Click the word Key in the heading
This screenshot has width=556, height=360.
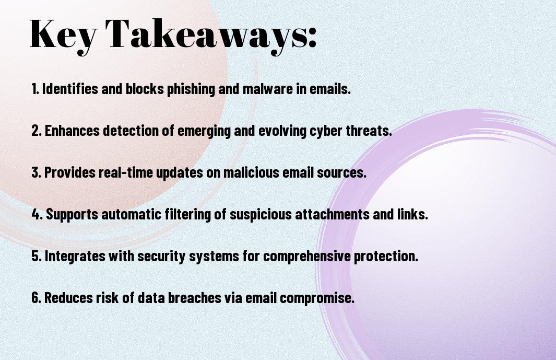coord(63,35)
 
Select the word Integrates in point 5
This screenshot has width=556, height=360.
coord(75,256)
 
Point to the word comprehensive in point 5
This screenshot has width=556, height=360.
coord(307,256)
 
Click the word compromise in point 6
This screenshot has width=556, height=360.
coord(317,298)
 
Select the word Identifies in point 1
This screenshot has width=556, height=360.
coord(70,89)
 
